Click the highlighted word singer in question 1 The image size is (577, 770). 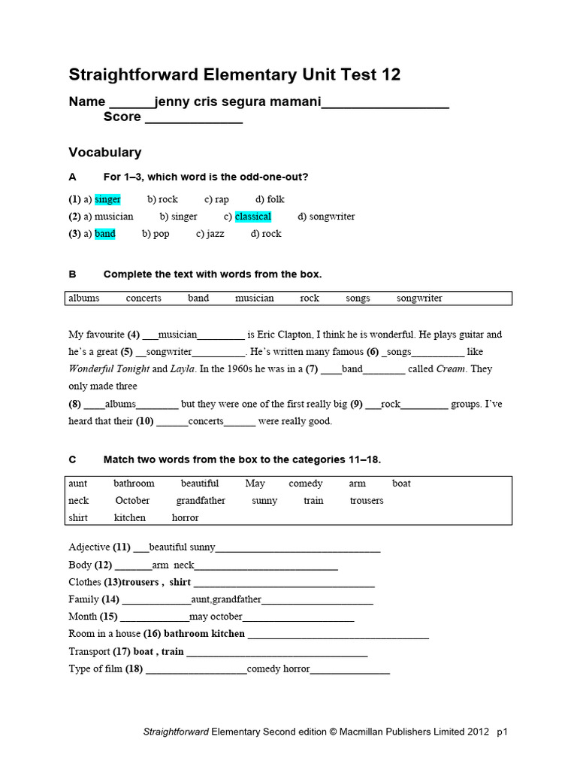click(107, 199)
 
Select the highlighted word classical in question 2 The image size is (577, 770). click(253, 217)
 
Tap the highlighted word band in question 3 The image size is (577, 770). click(105, 234)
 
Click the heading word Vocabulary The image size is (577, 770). click(105, 153)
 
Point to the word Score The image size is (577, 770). click(122, 117)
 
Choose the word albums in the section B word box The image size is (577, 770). click(83, 299)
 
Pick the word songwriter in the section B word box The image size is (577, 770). click(419, 299)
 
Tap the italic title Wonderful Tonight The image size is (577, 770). click(109, 369)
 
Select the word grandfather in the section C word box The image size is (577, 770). click(201, 501)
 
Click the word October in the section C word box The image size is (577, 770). click(132, 501)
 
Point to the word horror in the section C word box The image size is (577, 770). click(185, 518)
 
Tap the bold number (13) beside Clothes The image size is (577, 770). click(112, 582)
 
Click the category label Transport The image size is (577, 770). click(89, 651)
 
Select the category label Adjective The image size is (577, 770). click(89, 547)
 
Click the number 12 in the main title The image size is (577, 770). click(391, 74)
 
